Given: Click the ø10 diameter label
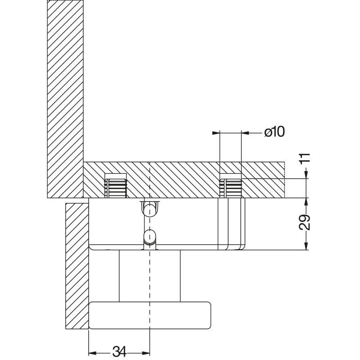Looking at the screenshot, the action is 274,132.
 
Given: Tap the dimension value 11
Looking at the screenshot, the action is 305,159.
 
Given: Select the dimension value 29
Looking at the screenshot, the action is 305,222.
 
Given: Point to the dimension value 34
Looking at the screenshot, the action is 119,351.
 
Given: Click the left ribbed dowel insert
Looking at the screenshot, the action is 116,188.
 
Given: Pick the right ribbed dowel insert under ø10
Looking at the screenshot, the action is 231,188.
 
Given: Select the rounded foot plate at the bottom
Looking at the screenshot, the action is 150,315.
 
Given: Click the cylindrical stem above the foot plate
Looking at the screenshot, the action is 150,276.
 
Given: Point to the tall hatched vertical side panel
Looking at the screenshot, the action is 65,99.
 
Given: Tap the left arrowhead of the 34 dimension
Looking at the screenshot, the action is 92,353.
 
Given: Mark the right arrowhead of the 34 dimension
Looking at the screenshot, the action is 146,353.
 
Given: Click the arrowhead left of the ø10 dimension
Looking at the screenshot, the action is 216,133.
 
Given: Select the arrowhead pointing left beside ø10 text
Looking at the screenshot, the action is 245,133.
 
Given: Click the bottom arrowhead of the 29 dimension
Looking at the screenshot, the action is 306,246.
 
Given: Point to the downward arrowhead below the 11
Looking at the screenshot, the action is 306,175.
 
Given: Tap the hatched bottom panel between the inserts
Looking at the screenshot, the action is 173,180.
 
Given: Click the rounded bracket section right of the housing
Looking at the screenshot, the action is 231,224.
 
